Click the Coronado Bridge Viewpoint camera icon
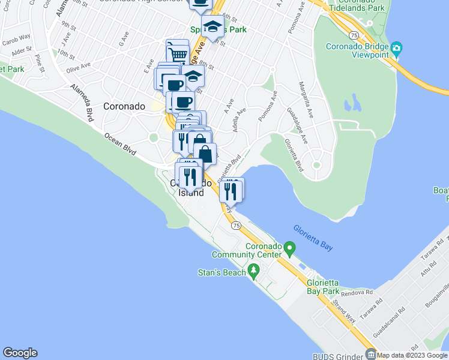click(x=396, y=48)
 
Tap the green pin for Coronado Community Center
click(x=289, y=247)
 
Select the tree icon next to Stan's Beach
click(x=253, y=273)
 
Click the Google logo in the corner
click(x=20, y=353)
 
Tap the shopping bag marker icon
click(x=205, y=154)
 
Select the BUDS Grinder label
click(x=338, y=355)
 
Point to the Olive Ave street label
click(x=78, y=68)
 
